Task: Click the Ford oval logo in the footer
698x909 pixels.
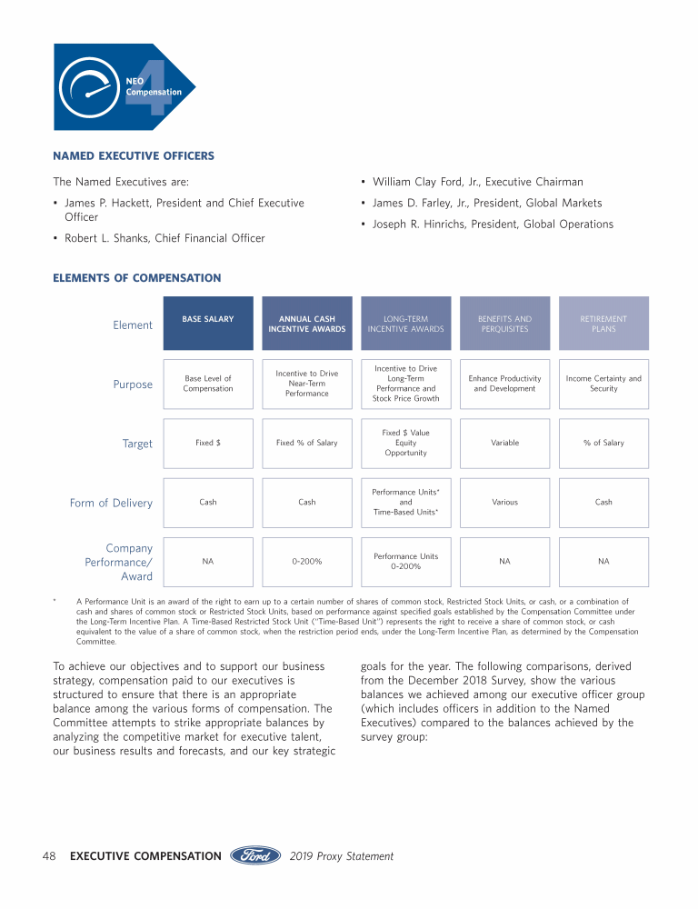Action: tap(255, 855)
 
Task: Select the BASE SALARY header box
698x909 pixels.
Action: tap(208, 324)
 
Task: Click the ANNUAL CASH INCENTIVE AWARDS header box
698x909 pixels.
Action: tap(307, 324)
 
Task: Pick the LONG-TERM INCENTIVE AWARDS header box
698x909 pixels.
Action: tap(405, 324)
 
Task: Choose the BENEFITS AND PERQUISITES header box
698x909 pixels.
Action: tap(504, 324)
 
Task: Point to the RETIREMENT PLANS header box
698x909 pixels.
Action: tap(603, 324)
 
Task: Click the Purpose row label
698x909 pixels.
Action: tap(133, 385)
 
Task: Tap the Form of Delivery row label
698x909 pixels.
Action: tap(111, 503)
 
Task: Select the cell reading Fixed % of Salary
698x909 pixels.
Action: tap(307, 444)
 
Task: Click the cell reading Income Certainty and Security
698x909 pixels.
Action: tap(603, 384)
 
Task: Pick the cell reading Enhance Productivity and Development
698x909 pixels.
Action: tap(504, 384)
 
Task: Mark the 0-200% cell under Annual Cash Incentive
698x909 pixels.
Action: tap(307, 562)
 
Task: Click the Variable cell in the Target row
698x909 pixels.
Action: tap(504, 444)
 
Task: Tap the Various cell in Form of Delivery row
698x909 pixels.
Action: tap(504, 503)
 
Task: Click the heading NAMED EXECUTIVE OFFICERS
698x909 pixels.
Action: tap(134, 156)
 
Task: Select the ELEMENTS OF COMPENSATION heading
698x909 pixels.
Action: tap(137, 278)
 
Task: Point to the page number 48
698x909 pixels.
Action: tap(51, 856)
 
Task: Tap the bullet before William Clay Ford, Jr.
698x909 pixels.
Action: tap(364, 183)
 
